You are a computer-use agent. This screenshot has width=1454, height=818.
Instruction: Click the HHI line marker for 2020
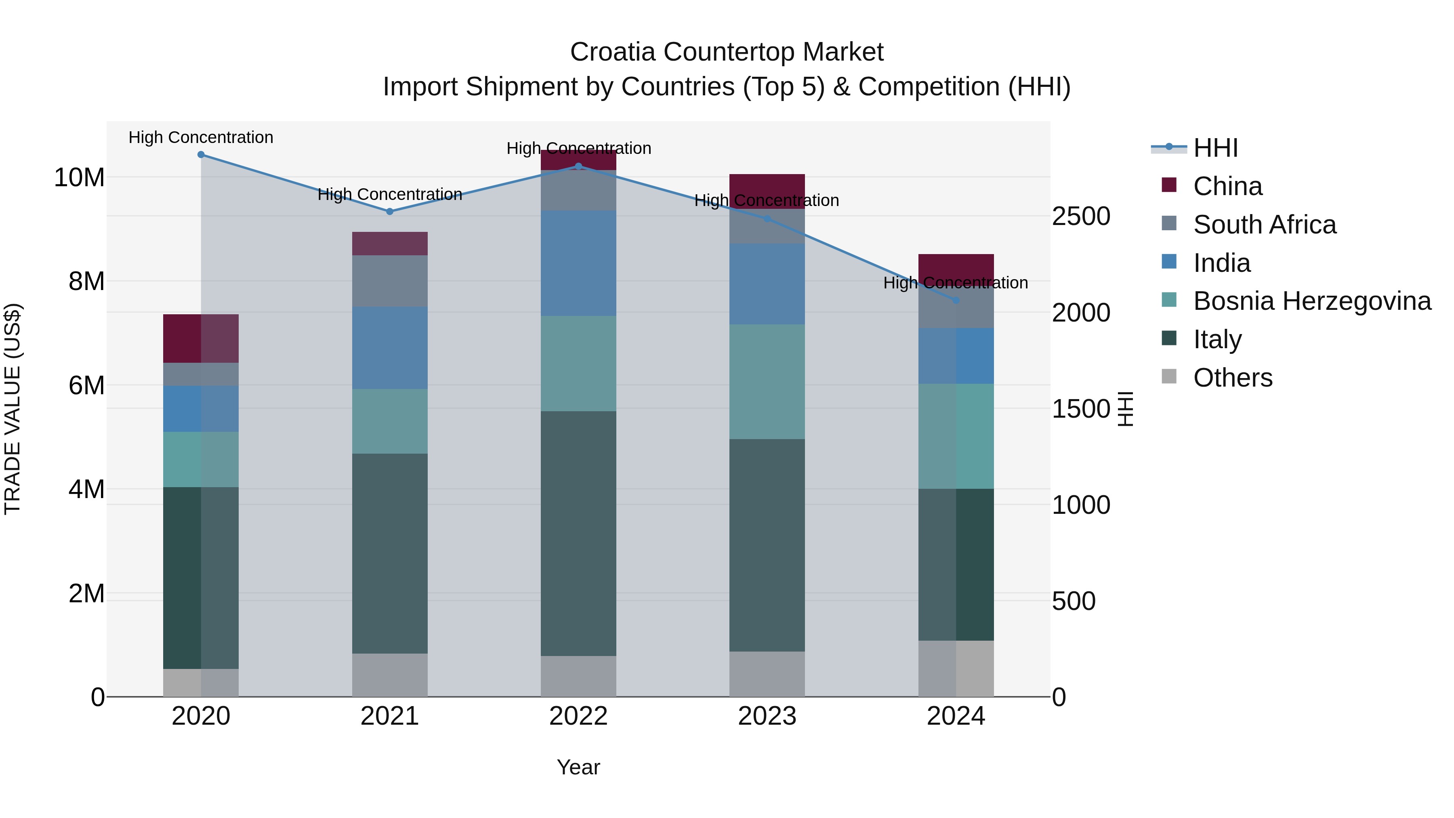(201, 155)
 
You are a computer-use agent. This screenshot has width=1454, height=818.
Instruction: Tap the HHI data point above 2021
(389, 212)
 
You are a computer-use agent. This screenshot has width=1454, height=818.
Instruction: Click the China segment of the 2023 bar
(767, 186)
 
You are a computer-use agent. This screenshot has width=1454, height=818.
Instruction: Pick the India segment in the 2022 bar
(578, 263)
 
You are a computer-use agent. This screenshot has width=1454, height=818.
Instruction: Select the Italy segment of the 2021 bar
(389, 553)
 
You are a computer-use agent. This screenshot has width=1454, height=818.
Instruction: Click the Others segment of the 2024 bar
(956, 669)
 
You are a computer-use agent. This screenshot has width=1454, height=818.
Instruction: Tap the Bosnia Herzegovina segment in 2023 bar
(767, 382)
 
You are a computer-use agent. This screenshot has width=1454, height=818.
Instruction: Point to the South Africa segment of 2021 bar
(389, 281)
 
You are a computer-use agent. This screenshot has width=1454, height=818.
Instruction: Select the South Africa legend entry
(1264, 225)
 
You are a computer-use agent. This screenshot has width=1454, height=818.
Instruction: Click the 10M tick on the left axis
(79, 178)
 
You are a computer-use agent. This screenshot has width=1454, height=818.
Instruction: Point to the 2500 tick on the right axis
(1081, 216)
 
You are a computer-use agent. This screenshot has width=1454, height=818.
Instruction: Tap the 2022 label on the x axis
(578, 716)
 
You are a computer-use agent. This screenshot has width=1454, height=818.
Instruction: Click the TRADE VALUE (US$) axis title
(13, 409)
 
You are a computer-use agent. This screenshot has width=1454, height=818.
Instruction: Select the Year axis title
(578, 767)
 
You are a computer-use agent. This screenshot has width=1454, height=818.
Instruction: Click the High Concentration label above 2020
(201, 137)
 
